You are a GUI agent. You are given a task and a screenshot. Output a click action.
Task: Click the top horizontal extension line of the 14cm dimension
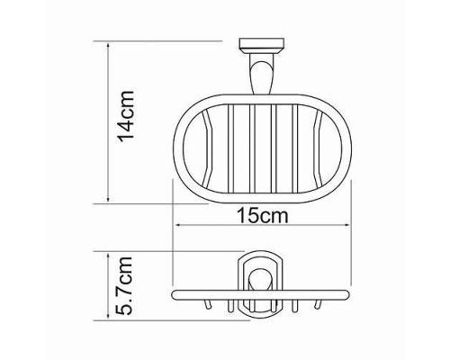(x=162, y=40)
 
